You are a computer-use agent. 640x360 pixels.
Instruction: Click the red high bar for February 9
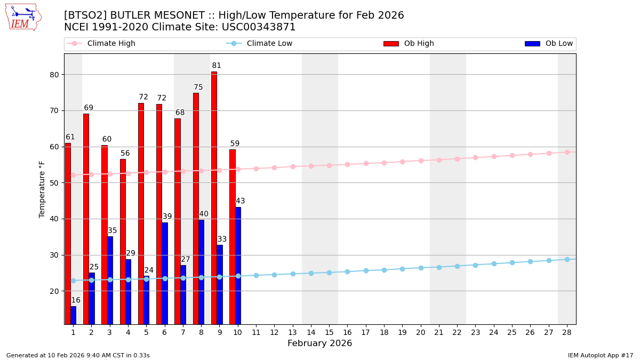(214, 197)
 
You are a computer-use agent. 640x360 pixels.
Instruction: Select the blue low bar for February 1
(74, 315)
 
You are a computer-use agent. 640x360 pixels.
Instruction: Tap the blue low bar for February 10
(238, 266)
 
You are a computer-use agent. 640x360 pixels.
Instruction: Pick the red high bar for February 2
(86, 219)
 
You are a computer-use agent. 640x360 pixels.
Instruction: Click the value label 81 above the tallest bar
(217, 66)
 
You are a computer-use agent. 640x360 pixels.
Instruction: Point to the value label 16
(76, 300)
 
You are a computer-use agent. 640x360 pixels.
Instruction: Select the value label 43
(241, 201)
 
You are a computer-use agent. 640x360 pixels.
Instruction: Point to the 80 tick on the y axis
(54, 75)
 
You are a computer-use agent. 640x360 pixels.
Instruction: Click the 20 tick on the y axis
(54, 291)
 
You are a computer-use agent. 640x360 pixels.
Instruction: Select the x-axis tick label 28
(566, 332)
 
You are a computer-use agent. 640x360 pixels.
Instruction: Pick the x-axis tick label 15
(329, 332)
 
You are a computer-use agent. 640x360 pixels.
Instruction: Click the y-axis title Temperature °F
(42, 189)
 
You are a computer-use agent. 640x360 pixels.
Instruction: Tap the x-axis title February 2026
(319, 343)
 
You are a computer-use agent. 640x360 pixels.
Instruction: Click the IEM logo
(23, 17)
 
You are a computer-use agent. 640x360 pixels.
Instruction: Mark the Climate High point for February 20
(421, 161)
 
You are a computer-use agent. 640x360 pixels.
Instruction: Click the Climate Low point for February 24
(494, 263)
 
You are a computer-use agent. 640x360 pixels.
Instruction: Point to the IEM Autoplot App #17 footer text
(601, 355)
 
